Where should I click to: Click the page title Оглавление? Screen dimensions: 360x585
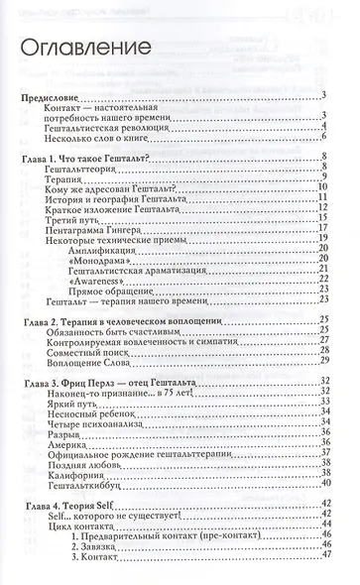[x=88, y=47]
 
